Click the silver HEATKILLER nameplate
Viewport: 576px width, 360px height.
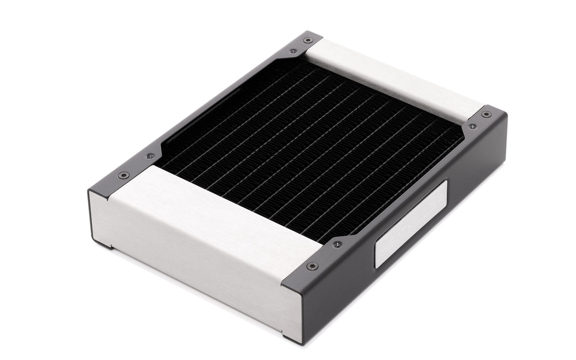411,224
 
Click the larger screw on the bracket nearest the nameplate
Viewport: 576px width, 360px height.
312,266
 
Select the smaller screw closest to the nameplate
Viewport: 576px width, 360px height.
338,244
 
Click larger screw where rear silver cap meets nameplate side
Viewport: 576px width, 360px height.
486,114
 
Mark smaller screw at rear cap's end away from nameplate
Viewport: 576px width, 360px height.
293,50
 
